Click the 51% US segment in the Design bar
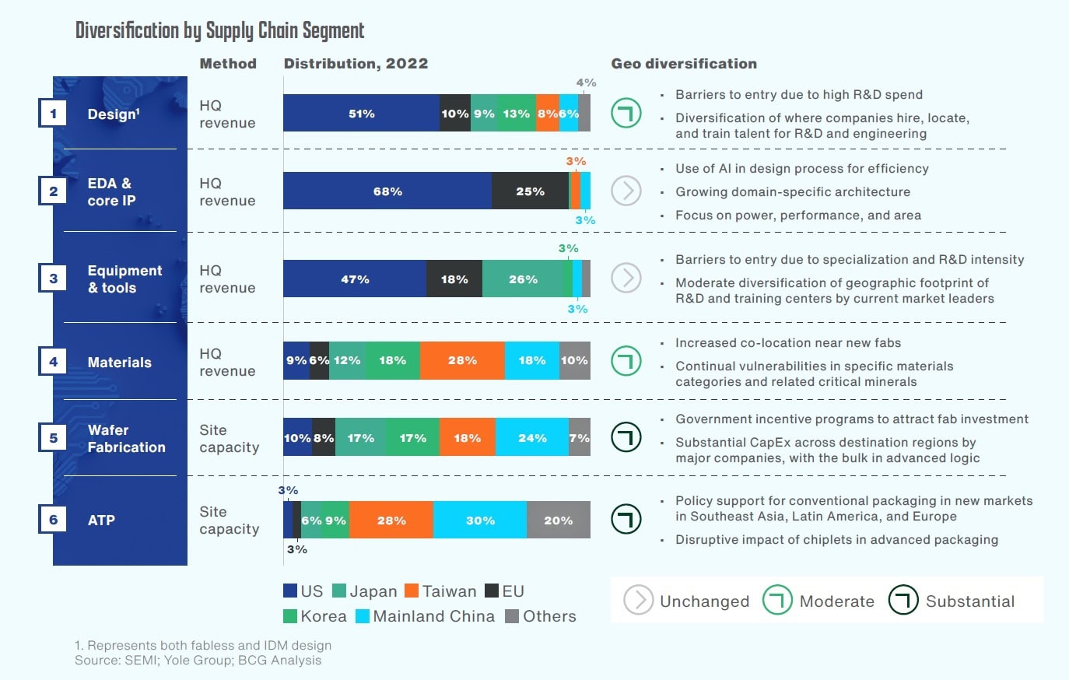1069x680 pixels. click(x=361, y=114)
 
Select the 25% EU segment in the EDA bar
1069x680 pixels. click(x=530, y=191)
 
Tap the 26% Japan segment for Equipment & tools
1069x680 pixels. click(x=523, y=279)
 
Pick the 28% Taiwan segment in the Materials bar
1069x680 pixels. click(x=462, y=360)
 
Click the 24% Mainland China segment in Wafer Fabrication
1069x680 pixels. click(x=532, y=438)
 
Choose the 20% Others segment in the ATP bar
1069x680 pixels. click(x=558, y=521)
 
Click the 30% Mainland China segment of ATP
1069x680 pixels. click(x=480, y=521)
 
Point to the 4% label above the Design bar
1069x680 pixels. click(x=586, y=82)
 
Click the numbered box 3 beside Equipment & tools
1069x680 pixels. click(x=53, y=278)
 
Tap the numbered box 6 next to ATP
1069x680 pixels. click(x=53, y=520)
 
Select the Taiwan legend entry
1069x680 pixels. click(x=440, y=591)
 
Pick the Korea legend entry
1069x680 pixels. click(x=315, y=616)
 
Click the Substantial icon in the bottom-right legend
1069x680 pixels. click(x=903, y=601)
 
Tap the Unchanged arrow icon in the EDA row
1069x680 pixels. click(x=626, y=191)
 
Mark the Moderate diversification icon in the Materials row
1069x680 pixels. click(x=626, y=361)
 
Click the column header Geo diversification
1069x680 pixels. click(x=684, y=64)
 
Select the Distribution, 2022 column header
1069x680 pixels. click(x=356, y=64)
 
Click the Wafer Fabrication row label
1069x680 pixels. click(x=126, y=439)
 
